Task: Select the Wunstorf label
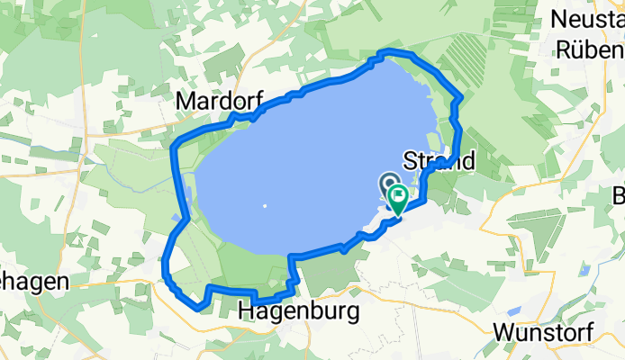[542, 330]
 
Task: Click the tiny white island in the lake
[265, 206]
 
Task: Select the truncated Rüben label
[591, 49]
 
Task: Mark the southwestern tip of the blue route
[197, 308]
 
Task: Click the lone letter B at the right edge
[619, 196]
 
